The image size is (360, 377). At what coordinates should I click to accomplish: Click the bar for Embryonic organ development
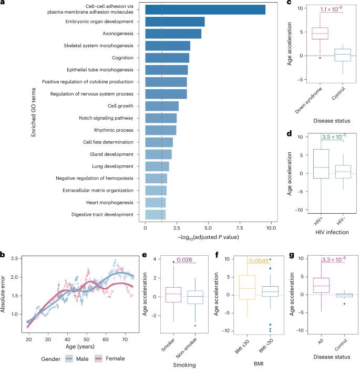pyautogui.click(x=174, y=22)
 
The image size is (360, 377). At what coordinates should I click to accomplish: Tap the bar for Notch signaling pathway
pyautogui.click(x=161, y=118)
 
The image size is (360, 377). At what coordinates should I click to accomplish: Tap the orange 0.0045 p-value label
pyautogui.click(x=259, y=260)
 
